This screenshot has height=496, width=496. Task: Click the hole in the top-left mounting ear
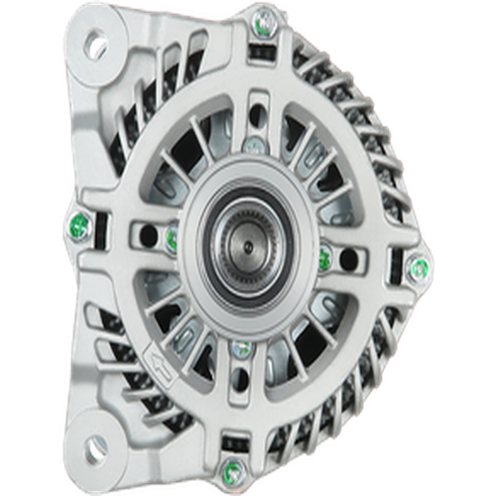96,45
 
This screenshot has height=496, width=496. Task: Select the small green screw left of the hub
171,236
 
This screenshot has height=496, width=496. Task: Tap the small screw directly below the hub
239,347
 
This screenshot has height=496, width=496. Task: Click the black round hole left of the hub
148,235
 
